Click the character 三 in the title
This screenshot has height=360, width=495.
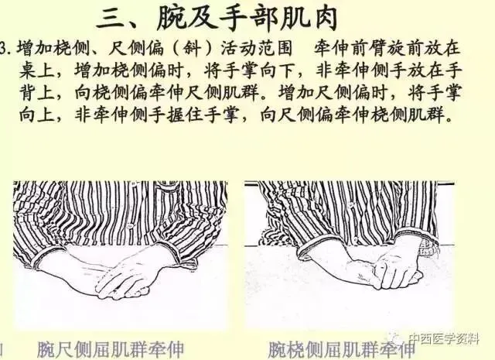[110, 19]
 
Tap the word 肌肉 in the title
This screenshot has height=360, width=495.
[306, 19]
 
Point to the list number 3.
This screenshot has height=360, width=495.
[4, 49]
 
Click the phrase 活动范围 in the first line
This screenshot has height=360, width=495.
[256, 49]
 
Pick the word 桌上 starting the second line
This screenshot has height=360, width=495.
[36, 70]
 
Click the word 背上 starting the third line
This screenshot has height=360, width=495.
[36, 93]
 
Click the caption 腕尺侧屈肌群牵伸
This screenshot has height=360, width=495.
[111, 349]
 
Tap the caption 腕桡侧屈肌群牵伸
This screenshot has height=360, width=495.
[342, 350]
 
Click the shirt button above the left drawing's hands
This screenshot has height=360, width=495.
[129, 226]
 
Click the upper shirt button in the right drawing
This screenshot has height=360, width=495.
[350, 205]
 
